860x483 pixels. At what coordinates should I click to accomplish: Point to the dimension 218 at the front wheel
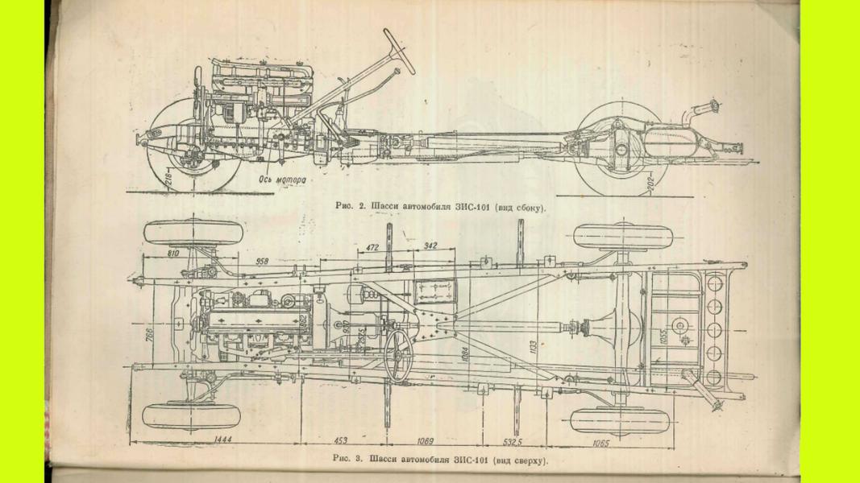(168, 180)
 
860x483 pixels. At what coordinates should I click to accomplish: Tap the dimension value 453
(341, 441)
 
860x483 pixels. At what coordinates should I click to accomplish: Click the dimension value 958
(261, 262)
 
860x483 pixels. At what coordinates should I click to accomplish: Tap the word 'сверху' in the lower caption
(528, 460)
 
